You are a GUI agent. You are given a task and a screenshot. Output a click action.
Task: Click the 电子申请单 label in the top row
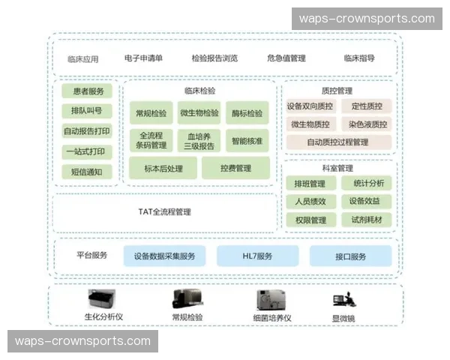pyautogui.click(x=143, y=58)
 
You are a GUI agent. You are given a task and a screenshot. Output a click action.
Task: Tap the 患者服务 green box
pyautogui.click(x=88, y=91)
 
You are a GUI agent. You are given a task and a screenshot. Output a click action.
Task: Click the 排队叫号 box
pyautogui.click(x=88, y=111)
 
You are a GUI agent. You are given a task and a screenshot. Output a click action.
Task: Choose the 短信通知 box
pyautogui.click(x=88, y=172)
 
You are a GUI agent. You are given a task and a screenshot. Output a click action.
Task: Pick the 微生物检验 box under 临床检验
pyautogui.click(x=199, y=113)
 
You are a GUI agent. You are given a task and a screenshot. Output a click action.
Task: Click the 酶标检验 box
pyautogui.click(x=247, y=113)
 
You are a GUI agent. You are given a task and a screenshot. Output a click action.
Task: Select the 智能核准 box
pyautogui.click(x=247, y=140)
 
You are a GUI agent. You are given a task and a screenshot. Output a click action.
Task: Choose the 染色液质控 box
pyautogui.click(x=367, y=124)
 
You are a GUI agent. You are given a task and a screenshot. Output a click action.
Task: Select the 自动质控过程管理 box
pyautogui.click(x=338, y=141)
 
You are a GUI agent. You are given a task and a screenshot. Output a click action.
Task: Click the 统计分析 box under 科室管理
pyautogui.click(x=367, y=183)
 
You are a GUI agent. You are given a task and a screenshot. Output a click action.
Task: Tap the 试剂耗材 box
pyautogui.click(x=367, y=220)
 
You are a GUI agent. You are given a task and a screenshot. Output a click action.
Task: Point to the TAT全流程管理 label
pyautogui.click(x=165, y=212)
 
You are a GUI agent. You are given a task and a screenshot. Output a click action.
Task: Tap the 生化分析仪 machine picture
pyautogui.click(x=103, y=300)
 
